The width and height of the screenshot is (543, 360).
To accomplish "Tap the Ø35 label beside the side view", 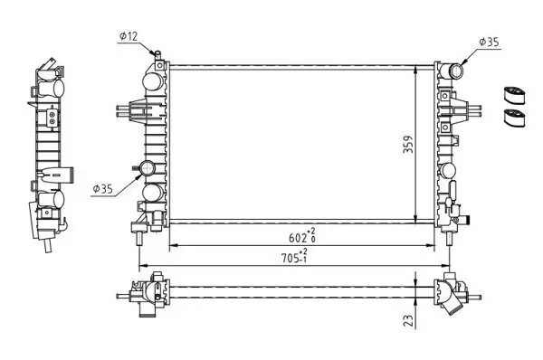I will pyautogui.click(x=104, y=189).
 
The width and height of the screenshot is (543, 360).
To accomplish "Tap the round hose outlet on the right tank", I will pyautogui.click(x=455, y=71).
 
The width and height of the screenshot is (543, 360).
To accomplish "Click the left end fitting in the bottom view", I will pyautogui.click(x=145, y=295).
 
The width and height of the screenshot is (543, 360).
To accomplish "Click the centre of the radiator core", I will pyautogui.click(x=291, y=143).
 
